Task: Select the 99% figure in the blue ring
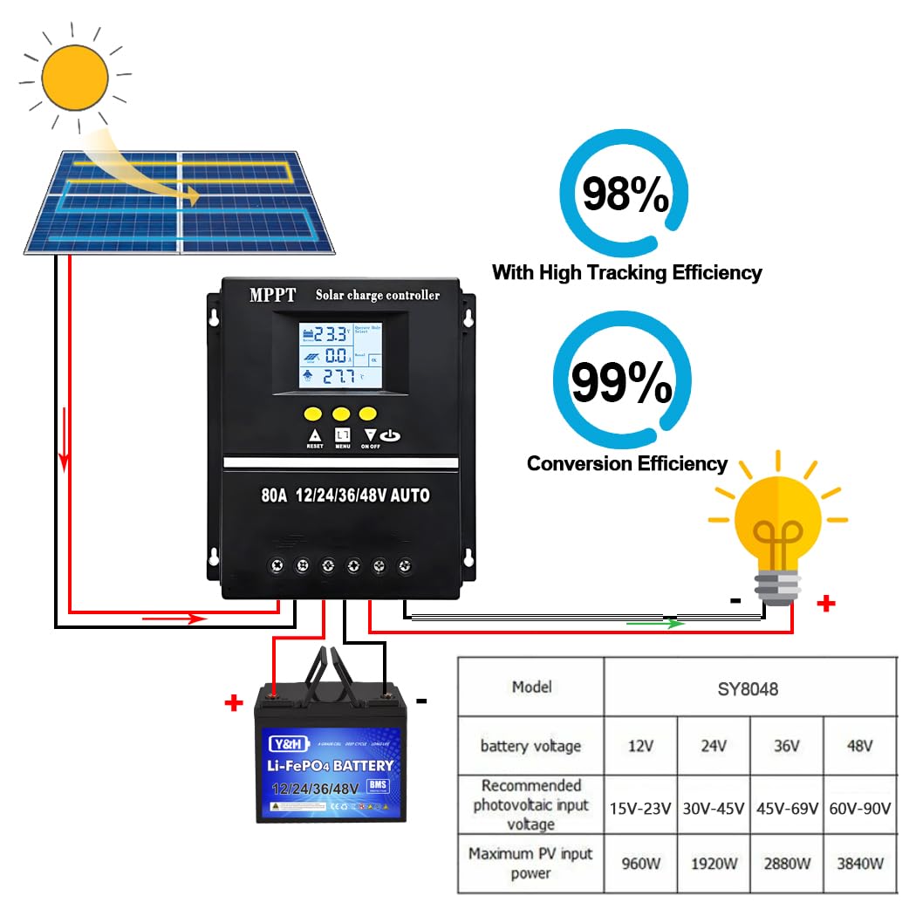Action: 621,380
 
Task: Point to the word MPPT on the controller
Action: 272,295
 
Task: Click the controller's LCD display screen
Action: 340,355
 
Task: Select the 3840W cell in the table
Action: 859,864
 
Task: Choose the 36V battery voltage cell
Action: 786,746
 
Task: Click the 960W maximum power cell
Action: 640,864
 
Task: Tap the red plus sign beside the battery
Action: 233,703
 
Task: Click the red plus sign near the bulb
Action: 826,603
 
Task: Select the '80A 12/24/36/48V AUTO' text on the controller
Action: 345,496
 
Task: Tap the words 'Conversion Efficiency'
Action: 626,463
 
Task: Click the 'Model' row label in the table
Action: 532,687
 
